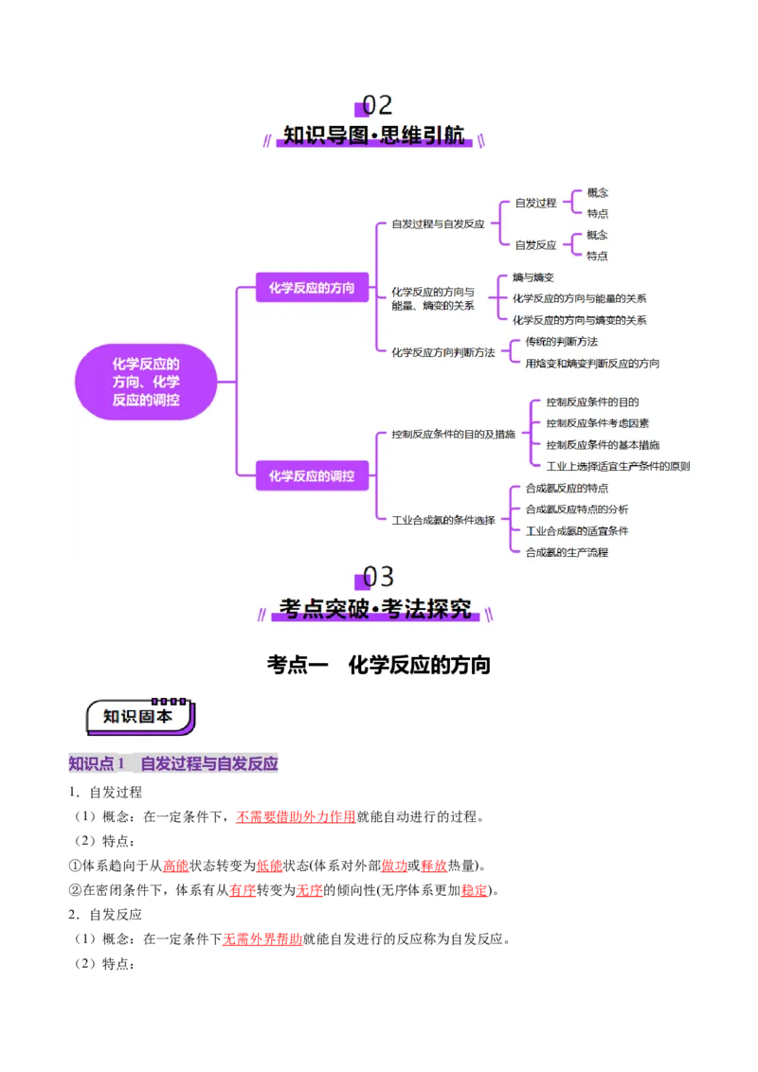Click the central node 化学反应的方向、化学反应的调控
pyautogui.click(x=146, y=382)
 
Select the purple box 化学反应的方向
pyautogui.click(x=311, y=287)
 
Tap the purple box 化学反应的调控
pyautogui.click(x=311, y=475)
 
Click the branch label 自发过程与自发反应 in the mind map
pyautogui.click(x=438, y=224)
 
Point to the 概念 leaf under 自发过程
pyautogui.click(x=597, y=192)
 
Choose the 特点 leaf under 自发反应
pyautogui.click(x=597, y=256)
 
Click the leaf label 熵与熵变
pyautogui.click(x=532, y=277)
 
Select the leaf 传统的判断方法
pyautogui.click(x=561, y=341)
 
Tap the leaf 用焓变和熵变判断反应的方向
pyautogui.click(x=592, y=363)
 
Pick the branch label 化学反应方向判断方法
pyautogui.click(x=443, y=352)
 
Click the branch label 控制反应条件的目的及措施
pyautogui.click(x=453, y=434)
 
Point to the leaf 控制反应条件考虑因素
pyautogui.click(x=597, y=423)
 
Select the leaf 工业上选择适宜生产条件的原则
pyautogui.click(x=618, y=466)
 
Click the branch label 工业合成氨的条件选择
pyautogui.click(x=443, y=520)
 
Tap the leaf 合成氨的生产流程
pyautogui.click(x=567, y=552)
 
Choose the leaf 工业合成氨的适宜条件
pyautogui.click(x=576, y=530)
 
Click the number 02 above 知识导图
pyautogui.click(x=377, y=105)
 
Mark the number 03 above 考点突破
pyautogui.click(x=378, y=577)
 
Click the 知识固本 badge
pyautogui.click(x=138, y=716)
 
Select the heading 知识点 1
pyautogui.click(x=97, y=764)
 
